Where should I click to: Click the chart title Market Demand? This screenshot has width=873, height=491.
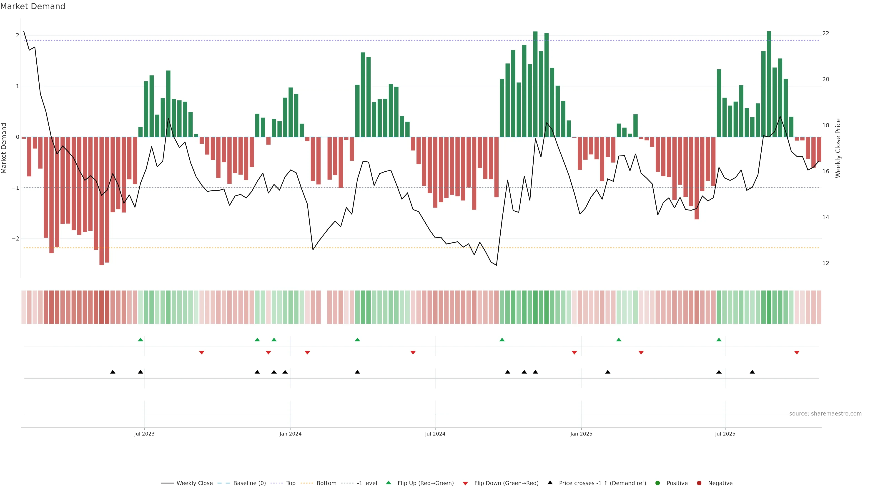click(x=33, y=6)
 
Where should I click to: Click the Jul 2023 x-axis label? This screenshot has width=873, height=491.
click(x=144, y=434)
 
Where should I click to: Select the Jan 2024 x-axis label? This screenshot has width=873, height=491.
click(x=291, y=434)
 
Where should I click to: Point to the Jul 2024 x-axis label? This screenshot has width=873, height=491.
click(x=435, y=434)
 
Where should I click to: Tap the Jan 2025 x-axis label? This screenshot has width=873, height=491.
click(x=581, y=434)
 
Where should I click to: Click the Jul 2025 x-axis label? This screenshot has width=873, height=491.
click(x=725, y=434)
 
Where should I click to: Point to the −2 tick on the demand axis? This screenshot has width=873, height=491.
click(x=15, y=238)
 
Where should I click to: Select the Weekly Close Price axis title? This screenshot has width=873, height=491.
click(x=838, y=148)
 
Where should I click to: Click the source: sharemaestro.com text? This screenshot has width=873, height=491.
click(x=825, y=414)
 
